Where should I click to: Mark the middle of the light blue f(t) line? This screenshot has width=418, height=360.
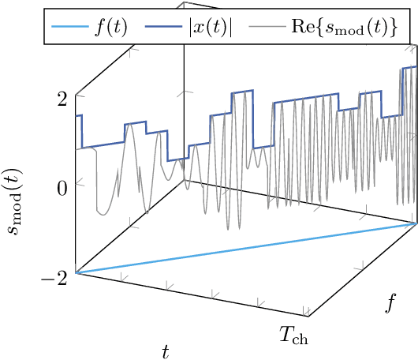pyautogui.click(x=246, y=248)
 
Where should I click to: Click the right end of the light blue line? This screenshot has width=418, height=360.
pyautogui.click(x=416, y=223)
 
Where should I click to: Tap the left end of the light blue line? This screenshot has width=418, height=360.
pyautogui.click(x=77, y=273)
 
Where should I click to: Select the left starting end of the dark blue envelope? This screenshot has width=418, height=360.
pyautogui.click(x=77, y=116)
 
